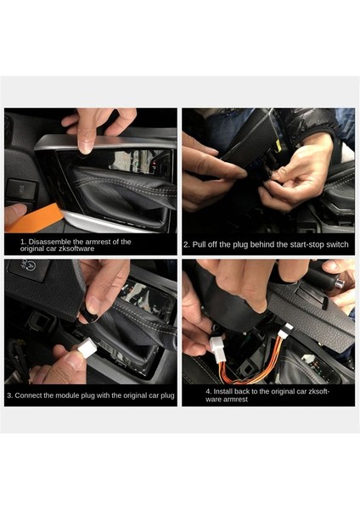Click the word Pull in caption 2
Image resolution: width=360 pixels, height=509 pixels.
199,244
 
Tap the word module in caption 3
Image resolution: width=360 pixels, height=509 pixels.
67,395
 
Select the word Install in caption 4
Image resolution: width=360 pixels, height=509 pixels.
223,392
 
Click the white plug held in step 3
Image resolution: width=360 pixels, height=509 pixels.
87,347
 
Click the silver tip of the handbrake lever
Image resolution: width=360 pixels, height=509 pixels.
340,283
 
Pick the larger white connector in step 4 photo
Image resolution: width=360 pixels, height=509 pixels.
217,346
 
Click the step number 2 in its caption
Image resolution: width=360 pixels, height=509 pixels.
186,244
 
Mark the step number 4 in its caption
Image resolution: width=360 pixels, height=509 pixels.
208,392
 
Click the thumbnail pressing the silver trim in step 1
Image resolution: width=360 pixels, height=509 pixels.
86,145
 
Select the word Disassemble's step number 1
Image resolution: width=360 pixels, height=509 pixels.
23,242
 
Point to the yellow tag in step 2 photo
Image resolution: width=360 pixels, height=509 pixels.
278,146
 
